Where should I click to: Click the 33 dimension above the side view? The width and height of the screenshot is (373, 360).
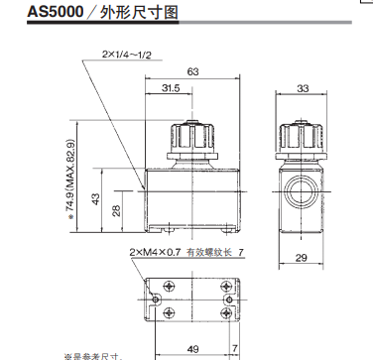point(303,89)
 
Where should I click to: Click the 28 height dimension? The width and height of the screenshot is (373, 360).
point(115,210)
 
